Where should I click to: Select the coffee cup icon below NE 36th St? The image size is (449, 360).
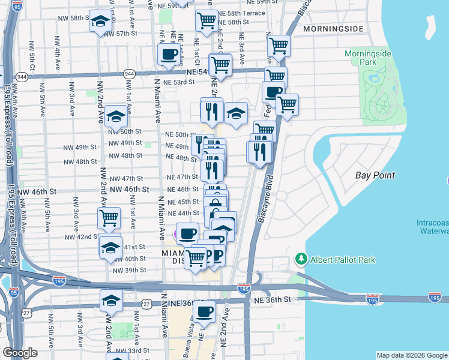tap(204, 311)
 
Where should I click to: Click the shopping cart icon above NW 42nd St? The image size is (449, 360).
tap(109, 218)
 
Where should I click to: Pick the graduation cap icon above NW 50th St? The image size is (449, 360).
tap(116, 116)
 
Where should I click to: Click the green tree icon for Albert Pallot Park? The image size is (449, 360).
tap(300, 259)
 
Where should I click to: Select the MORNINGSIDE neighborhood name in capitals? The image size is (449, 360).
tap(333, 29)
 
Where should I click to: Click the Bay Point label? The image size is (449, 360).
tap(375, 175)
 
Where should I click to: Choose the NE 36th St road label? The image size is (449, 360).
tap(272, 299)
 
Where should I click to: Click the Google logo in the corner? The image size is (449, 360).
tap(20, 353)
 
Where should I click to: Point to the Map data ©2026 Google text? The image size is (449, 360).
tap(411, 355)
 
